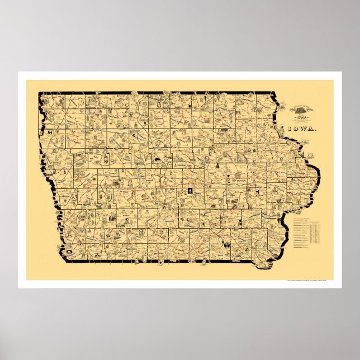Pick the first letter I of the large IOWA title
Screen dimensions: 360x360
coord(290,129)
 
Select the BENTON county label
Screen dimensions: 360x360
coord(235,182)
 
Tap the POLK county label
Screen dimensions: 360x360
coord(168,193)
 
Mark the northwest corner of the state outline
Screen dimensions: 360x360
coord(39,93)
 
